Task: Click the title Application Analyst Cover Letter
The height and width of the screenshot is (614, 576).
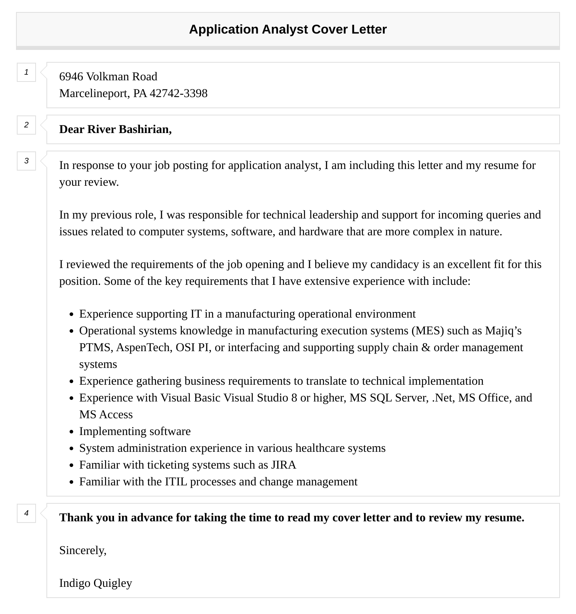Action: (288, 30)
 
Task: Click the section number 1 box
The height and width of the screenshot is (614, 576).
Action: (26, 72)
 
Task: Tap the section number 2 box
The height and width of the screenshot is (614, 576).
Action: (26, 125)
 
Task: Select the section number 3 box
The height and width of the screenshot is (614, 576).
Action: (26, 161)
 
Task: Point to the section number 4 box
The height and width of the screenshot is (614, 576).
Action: (26, 513)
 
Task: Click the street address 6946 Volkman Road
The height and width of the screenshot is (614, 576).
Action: (108, 76)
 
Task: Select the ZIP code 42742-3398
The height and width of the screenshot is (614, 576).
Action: (178, 93)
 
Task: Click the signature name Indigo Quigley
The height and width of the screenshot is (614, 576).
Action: (96, 583)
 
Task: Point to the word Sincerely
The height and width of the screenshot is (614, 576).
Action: (82, 550)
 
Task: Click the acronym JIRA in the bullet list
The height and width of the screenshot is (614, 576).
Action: (283, 465)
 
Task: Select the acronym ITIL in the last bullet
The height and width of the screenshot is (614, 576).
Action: (176, 481)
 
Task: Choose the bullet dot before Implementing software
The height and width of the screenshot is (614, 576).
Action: (71, 432)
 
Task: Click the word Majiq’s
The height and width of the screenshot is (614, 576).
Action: (503, 330)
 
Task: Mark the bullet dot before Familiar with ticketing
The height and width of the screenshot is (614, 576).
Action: (71, 465)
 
